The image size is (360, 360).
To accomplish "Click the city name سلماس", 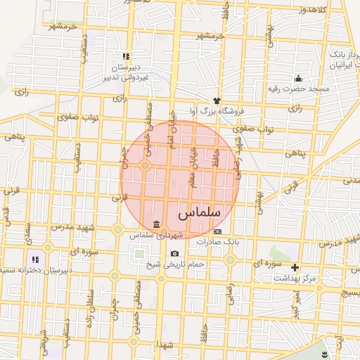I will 199,212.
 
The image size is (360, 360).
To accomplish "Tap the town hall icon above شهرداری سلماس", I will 155,224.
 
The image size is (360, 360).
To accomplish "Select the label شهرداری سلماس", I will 155,234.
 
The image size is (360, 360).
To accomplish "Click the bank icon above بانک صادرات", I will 217,231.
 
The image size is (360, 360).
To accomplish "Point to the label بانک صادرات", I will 218,241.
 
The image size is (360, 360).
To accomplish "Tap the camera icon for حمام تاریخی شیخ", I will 174,253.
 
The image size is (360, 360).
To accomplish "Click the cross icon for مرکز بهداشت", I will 295,267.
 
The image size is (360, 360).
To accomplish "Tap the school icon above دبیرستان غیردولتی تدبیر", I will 126,56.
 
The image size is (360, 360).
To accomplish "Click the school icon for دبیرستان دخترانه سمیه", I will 35,259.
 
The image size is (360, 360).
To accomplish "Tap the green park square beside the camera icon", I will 139,254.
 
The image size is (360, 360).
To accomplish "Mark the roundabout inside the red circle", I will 146,166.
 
